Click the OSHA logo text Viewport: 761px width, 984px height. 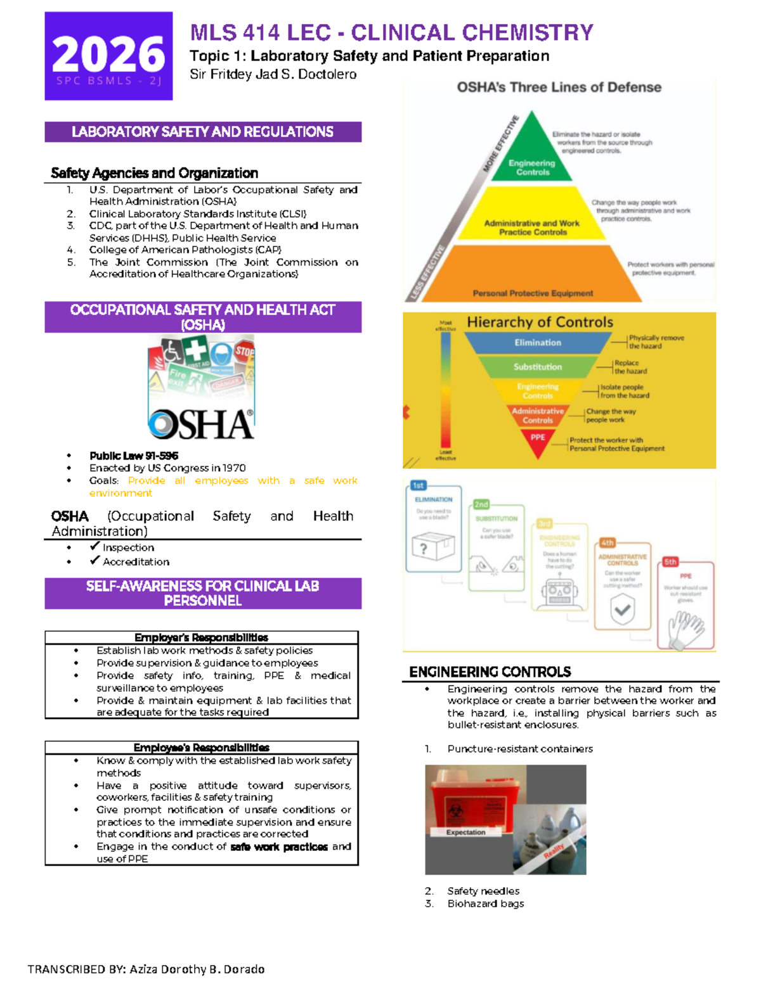(x=201, y=424)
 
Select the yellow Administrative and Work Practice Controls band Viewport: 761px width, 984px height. (x=531, y=219)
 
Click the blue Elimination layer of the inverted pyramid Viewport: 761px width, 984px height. (x=537, y=342)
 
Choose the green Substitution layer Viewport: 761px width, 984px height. (x=537, y=366)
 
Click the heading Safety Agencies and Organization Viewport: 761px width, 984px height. (x=154, y=173)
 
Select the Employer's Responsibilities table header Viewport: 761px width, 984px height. (x=201, y=637)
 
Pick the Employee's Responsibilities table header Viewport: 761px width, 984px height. (x=201, y=748)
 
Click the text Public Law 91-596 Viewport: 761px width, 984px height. (x=134, y=456)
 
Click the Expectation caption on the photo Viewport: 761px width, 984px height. (x=465, y=832)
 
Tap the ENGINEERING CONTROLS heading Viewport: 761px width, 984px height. (x=490, y=672)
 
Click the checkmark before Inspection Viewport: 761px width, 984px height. (x=95, y=546)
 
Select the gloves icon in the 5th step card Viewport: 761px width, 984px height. (x=686, y=628)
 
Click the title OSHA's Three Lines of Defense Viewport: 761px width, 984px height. (x=559, y=87)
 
